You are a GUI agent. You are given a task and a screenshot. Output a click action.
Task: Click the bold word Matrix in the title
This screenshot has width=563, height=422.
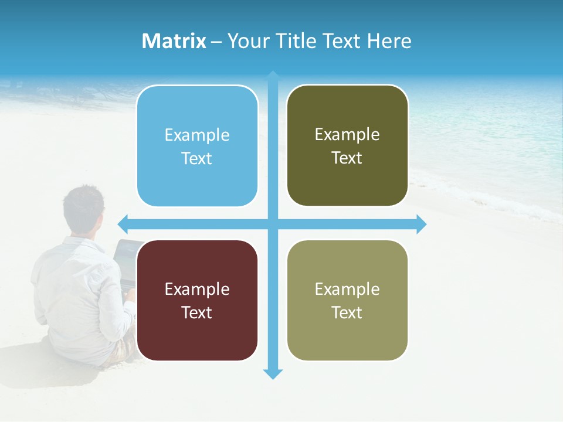[x=174, y=41]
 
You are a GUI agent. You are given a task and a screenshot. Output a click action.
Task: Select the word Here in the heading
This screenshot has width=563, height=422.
[x=389, y=41]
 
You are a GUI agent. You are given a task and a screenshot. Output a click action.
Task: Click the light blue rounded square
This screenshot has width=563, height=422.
[x=197, y=146]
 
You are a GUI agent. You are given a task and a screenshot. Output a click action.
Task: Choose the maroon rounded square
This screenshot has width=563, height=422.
[x=197, y=300]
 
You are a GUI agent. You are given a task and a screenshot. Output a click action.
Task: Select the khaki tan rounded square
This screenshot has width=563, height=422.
[x=347, y=300]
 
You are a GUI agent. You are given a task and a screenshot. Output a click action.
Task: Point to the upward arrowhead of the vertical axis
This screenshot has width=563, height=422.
[x=273, y=76]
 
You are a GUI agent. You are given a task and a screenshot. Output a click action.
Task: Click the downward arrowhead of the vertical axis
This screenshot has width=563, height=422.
[x=273, y=374]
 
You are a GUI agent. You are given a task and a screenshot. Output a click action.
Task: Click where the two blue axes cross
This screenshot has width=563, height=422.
[x=273, y=224]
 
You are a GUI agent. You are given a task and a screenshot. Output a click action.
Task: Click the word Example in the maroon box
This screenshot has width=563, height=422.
[x=197, y=289]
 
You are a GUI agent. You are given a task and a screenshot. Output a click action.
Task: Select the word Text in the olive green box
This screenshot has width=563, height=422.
[x=347, y=158]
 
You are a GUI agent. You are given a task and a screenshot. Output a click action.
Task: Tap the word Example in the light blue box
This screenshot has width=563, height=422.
[x=197, y=135]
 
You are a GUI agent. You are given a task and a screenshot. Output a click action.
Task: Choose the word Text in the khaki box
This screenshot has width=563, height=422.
[x=347, y=312]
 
